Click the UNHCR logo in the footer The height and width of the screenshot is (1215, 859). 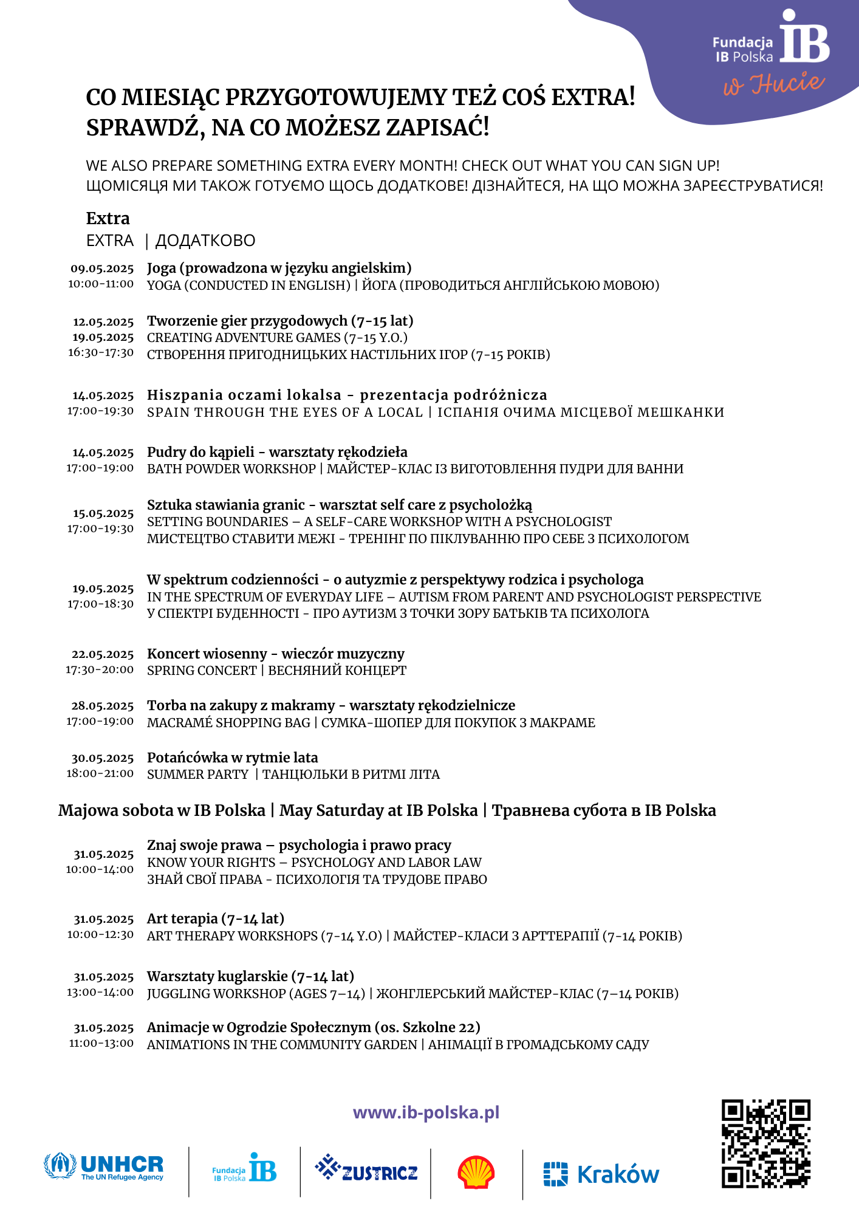tap(104, 1166)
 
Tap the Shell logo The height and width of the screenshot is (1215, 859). tap(476, 1172)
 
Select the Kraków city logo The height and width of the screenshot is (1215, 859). tap(601, 1174)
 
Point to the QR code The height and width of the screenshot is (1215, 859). tap(766, 1143)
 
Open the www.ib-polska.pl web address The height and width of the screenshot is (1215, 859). tap(426, 1112)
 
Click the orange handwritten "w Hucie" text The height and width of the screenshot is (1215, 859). tap(773, 84)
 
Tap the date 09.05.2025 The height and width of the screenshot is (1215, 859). tap(102, 269)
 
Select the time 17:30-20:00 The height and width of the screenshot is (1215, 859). tap(100, 669)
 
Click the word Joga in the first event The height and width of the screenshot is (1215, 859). tap(161, 268)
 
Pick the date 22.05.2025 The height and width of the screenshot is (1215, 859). tap(103, 654)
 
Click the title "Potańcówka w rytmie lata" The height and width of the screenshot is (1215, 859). tap(232, 758)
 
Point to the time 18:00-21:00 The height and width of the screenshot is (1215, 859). tap(100, 773)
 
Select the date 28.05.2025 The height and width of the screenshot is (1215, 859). tap(103, 706)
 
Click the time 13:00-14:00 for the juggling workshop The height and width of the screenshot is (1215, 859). tap(100, 992)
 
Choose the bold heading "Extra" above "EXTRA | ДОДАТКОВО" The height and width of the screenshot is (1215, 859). tap(108, 218)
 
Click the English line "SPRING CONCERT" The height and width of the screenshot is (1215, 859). tap(202, 671)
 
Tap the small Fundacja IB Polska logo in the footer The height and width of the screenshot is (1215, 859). tap(244, 1168)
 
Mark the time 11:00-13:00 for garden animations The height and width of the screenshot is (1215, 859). tap(101, 1043)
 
